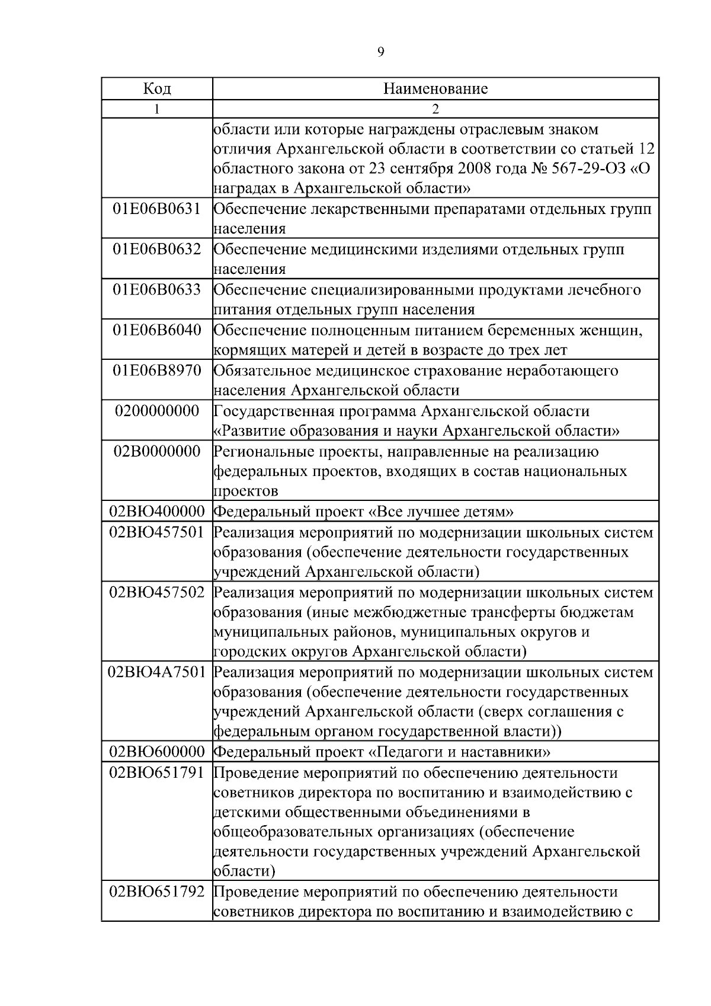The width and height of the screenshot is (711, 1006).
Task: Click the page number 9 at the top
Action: tap(380, 52)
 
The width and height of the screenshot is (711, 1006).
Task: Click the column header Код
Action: tap(157, 89)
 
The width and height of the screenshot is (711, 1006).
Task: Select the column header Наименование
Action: tap(435, 89)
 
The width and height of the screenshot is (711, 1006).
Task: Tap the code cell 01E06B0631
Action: tap(157, 209)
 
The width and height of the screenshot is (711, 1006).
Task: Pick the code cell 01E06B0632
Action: tap(157, 250)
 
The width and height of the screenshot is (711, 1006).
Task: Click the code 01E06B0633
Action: tap(157, 290)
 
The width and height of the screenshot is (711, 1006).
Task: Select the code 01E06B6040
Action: tap(157, 330)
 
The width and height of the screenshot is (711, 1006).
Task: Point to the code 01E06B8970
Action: tap(157, 371)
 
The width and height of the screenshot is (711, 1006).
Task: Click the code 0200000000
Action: tap(157, 411)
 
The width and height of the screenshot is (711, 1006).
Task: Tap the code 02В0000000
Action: tap(157, 452)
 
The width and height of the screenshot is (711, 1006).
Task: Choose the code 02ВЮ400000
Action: tap(157, 512)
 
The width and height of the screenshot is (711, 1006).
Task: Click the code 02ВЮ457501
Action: tap(157, 532)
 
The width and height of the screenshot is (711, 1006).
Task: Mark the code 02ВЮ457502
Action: tap(157, 592)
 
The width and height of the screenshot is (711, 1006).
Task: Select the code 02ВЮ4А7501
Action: tap(157, 672)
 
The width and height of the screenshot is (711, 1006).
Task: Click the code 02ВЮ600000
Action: tap(157, 752)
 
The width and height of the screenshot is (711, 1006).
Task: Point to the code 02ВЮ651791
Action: tap(157, 773)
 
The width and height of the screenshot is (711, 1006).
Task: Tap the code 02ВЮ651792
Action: tap(157, 892)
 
